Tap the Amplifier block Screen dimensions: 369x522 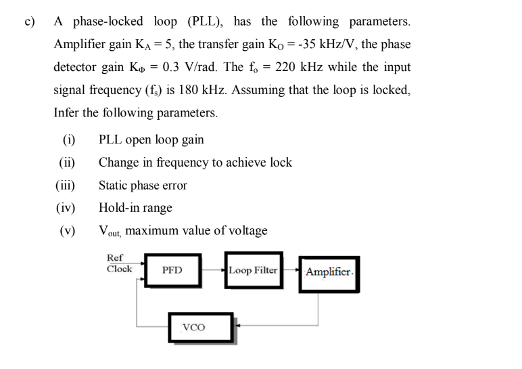(329, 273)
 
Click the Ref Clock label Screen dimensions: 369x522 (119, 263)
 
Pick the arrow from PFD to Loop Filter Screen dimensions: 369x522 (214, 270)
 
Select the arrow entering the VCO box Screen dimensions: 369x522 (239, 324)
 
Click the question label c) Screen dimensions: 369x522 (29, 21)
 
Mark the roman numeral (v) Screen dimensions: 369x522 (68, 230)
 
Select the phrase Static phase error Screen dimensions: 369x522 (143, 185)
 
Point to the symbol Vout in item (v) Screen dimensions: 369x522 (110, 231)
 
